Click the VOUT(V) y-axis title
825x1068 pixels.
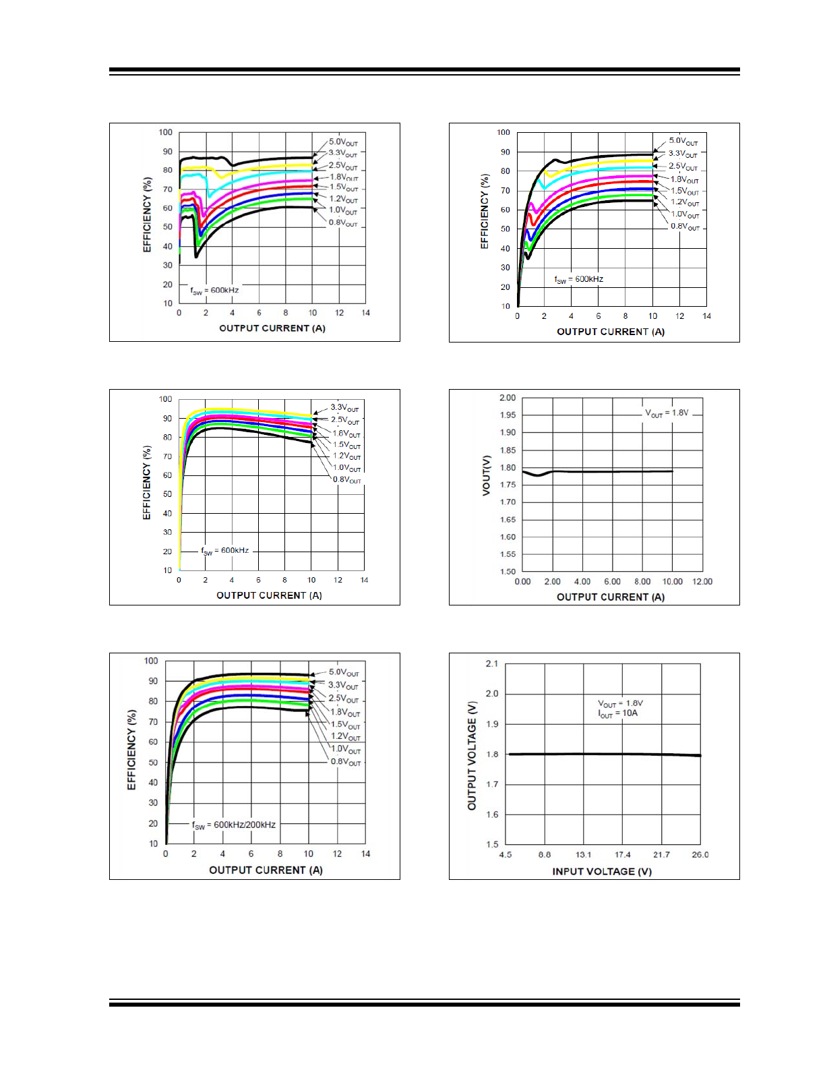(486, 476)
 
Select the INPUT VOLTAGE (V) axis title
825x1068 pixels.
(602, 871)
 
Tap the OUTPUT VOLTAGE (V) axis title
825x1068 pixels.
(472, 756)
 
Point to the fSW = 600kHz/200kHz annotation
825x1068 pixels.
(234, 825)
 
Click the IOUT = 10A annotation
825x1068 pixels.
(617, 713)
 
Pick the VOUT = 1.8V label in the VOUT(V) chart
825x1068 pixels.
(667, 413)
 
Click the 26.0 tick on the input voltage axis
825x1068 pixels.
(700, 855)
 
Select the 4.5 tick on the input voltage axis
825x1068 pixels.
(506, 855)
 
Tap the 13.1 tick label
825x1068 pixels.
(584, 855)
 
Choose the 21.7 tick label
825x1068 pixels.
(662, 855)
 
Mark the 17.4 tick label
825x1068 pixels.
(623, 855)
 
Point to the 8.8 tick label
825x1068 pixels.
(545, 855)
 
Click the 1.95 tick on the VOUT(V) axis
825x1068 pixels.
(508, 415)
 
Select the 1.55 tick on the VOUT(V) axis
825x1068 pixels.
(508, 554)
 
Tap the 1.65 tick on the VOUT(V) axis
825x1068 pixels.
(508, 520)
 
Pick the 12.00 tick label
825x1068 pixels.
(702, 582)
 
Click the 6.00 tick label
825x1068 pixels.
(612, 582)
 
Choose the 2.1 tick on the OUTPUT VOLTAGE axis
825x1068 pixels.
(492, 664)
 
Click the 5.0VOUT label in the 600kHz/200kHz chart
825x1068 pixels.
(344, 673)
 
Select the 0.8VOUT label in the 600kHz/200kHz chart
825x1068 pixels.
(346, 762)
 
